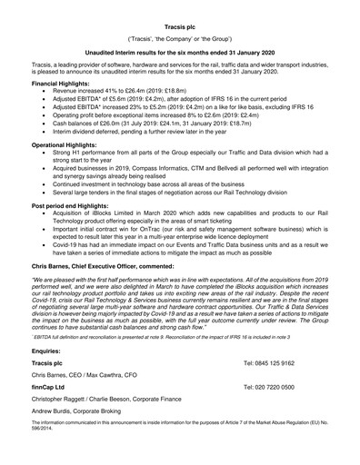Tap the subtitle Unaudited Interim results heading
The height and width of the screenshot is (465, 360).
click(179, 54)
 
